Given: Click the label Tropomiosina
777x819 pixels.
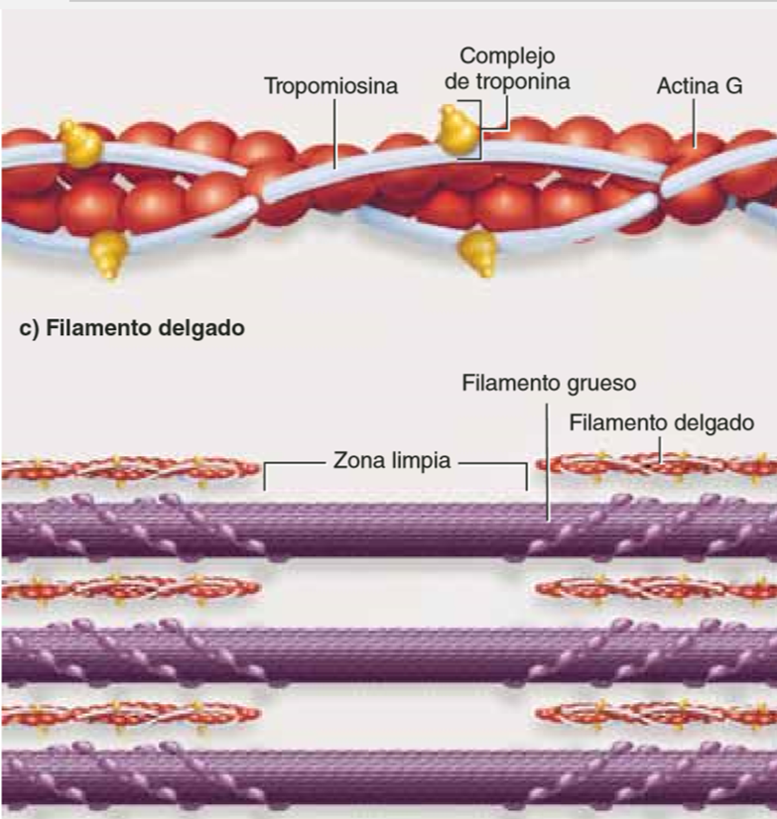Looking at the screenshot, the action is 331,86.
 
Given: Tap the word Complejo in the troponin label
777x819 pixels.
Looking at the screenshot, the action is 507,57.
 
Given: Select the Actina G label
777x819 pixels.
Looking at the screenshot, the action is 700,86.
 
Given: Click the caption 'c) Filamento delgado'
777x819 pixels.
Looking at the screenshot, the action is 132,328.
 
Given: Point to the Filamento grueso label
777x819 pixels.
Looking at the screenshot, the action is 549,384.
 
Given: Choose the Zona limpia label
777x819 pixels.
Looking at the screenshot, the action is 392,461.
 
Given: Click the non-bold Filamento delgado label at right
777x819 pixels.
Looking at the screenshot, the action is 662,423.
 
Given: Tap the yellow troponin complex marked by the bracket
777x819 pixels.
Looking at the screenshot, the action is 459,129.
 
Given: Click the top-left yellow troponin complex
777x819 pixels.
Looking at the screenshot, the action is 80,144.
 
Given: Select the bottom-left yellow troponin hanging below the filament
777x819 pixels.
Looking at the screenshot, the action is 109,255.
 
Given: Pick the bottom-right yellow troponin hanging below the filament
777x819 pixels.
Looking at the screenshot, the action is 478,253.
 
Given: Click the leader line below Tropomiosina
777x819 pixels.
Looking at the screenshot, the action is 334,134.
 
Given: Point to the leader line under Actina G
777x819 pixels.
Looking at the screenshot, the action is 695,123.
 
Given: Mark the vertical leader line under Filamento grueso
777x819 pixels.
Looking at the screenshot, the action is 548,462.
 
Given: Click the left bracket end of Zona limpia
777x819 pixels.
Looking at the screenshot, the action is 265,476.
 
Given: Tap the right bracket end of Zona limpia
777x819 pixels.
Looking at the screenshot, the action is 526,476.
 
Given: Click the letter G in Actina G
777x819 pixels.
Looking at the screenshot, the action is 734,86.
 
